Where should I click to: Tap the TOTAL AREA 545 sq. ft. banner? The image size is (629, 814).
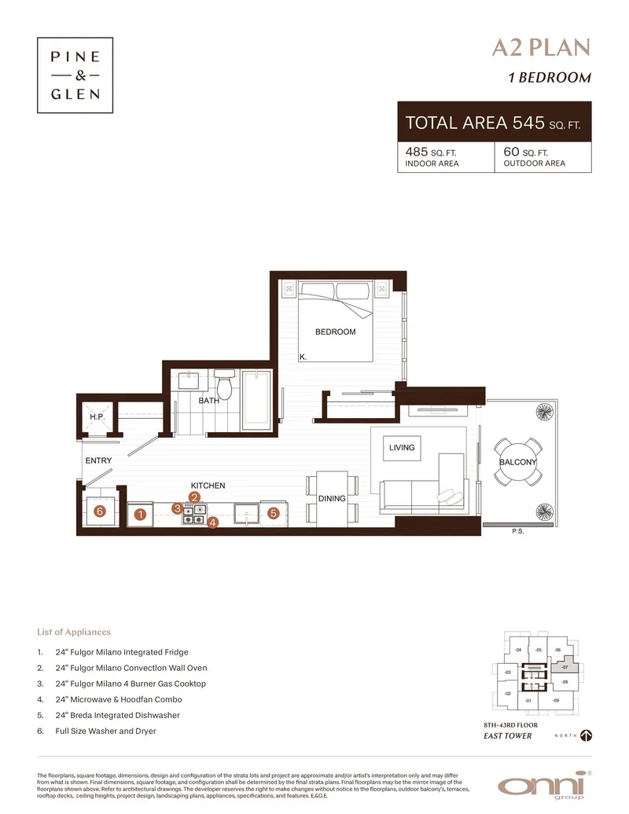(x=494, y=123)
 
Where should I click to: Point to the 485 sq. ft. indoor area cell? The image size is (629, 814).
(x=445, y=156)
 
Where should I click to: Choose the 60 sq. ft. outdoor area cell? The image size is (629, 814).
(x=543, y=156)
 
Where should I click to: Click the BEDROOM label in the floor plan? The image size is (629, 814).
(x=336, y=332)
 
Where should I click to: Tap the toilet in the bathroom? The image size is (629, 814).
(x=225, y=386)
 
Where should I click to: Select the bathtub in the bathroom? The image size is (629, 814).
(x=256, y=398)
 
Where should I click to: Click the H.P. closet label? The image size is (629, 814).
(x=97, y=416)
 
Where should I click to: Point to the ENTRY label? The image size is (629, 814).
(x=98, y=460)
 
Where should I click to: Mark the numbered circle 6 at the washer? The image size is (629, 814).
(x=99, y=511)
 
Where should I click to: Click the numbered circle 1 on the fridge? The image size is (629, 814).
(x=140, y=515)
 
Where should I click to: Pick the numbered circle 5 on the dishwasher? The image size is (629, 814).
(x=273, y=513)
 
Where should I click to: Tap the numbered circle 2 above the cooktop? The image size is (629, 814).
(x=195, y=497)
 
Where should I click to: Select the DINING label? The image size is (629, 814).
(x=332, y=499)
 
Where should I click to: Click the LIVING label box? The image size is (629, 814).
(x=401, y=448)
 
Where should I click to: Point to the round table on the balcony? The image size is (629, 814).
(x=517, y=462)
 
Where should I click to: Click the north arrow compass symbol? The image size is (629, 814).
(x=585, y=735)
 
